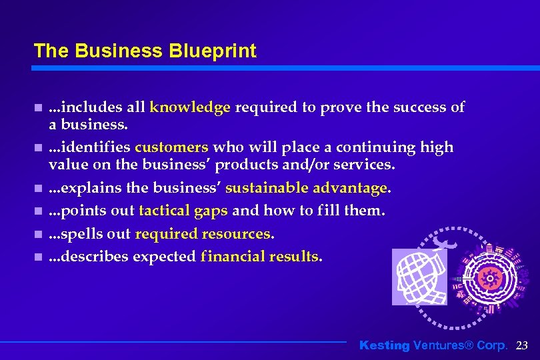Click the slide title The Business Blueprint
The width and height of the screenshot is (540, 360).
pyautogui.click(x=145, y=51)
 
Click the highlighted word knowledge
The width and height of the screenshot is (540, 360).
pyautogui.click(x=190, y=107)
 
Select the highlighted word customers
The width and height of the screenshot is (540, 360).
pyautogui.click(x=171, y=147)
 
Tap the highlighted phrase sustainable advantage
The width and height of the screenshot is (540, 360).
pyautogui.click(x=307, y=188)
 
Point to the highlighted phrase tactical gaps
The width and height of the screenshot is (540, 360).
pyautogui.click(x=183, y=211)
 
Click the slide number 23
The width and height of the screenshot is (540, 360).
pyautogui.click(x=522, y=345)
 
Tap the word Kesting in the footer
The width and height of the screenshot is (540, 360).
pyautogui.click(x=385, y=345)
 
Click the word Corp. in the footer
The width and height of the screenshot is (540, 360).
pyautogui.click(x=491, y=345)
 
